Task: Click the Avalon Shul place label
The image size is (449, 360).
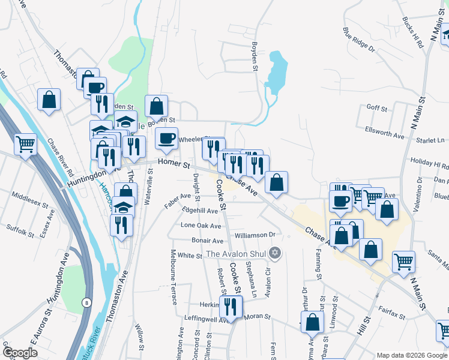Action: click(x=236, y=254)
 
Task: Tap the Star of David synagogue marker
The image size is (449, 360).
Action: click(x=275, y=253)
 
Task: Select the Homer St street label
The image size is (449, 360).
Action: click(x=173, y=163)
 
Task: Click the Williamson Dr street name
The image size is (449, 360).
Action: click(x=255, y=235)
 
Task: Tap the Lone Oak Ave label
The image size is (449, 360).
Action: click(x=201, y=226)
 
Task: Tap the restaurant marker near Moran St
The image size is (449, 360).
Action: click(x=231, y=307)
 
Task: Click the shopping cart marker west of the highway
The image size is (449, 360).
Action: click(x=25, y=144)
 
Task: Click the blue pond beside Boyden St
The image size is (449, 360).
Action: click(x=276, y=73)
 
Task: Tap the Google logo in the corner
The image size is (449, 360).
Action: click(x=19, y=352)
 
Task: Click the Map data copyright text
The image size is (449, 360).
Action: click(x=411, y=355)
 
